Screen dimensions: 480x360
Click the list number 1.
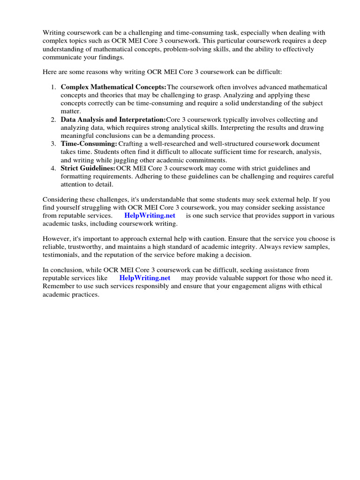pos(53,87)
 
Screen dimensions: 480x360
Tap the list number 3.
pos(53,143)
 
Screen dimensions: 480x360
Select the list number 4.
pos(53,168)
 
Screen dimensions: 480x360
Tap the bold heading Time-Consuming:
pos(89,143)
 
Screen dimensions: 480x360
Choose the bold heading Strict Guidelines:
pos(88,168)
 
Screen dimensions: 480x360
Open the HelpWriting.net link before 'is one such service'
pos(150,216)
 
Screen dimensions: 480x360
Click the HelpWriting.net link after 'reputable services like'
pos(144,278)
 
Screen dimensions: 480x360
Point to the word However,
pos(57,239)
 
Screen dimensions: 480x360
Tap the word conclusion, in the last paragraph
pos(67,270)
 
